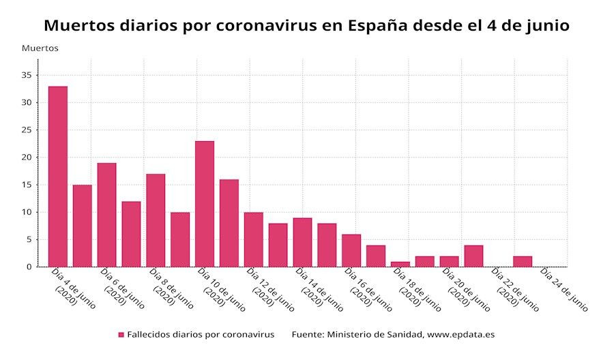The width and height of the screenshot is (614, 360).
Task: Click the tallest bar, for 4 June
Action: point(58,177)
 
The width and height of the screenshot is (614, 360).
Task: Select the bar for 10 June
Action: point(205,204)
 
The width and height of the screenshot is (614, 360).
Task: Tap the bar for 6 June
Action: point(106,215)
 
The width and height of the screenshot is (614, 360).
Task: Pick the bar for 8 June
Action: point(156,220)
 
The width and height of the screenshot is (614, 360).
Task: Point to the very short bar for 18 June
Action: point(400,264)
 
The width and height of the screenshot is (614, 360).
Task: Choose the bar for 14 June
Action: point(302,242)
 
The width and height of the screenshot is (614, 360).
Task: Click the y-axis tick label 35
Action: point(27,75)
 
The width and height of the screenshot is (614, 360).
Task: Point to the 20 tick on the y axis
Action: point(27,157)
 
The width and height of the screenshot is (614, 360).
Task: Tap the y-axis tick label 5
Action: point(29,239)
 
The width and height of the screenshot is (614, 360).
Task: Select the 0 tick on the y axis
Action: point(29,267)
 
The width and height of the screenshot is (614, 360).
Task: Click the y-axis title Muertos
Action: point(40,48)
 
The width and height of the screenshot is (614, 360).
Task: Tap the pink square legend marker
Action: point(121,335)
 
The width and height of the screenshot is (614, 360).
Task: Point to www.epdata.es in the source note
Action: point(460,335)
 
